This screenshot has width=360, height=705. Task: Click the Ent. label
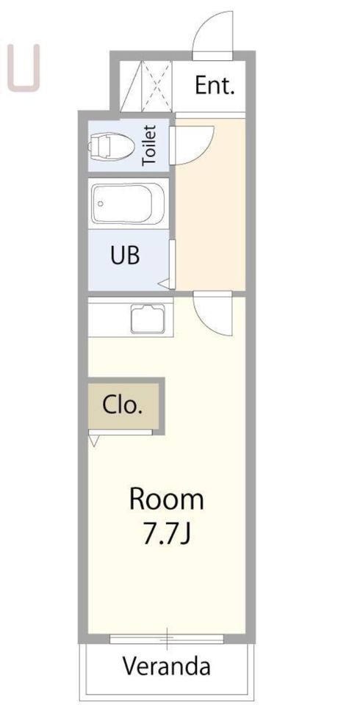(x=215, y=85)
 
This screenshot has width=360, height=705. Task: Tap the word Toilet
(x=149, y=145)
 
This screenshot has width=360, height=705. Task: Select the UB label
(x=125, y=255)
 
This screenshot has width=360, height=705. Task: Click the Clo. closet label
(x=123, y=405)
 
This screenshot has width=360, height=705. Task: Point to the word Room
(x=167, y=499)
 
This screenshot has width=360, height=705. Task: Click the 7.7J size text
(x=168, y=534)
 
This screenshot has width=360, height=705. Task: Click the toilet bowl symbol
(x=111, y=145)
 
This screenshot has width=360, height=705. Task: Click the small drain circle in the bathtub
(x=101, y=203)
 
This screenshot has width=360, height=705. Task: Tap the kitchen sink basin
(x=148, y=319)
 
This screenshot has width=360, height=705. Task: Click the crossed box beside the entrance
(x=156, y=86)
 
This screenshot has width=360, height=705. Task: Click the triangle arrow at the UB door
(x=164, y=283)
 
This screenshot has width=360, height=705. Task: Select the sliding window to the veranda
(x=167, y=638)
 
